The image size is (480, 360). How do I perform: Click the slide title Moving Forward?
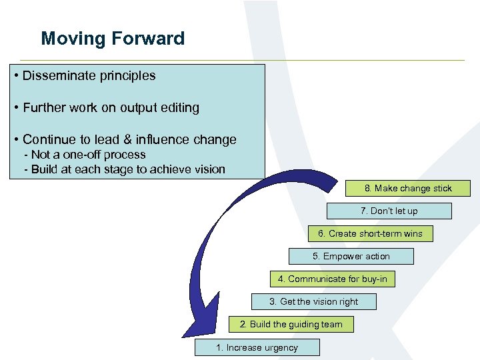(x=113, y=39)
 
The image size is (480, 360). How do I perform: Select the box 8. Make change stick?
(x=408, y=189)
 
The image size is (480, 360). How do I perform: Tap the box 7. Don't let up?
(x=389, y=211)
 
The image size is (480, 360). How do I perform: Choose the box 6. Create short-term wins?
(x=370, y=234)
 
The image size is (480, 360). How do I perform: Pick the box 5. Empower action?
(x=351, y=257)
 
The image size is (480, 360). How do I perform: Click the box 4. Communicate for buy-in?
(x=332, y=279)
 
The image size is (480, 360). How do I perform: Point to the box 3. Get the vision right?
(x=314, y=302)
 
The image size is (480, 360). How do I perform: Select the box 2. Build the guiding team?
(x=291, y=325)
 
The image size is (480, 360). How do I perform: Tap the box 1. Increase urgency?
(x=257, y=347)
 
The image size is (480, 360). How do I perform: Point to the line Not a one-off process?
(x=84, y=155)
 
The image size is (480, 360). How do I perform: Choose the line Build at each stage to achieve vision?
(x=124, y=169)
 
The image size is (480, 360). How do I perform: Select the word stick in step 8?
(x=441, y=189)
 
